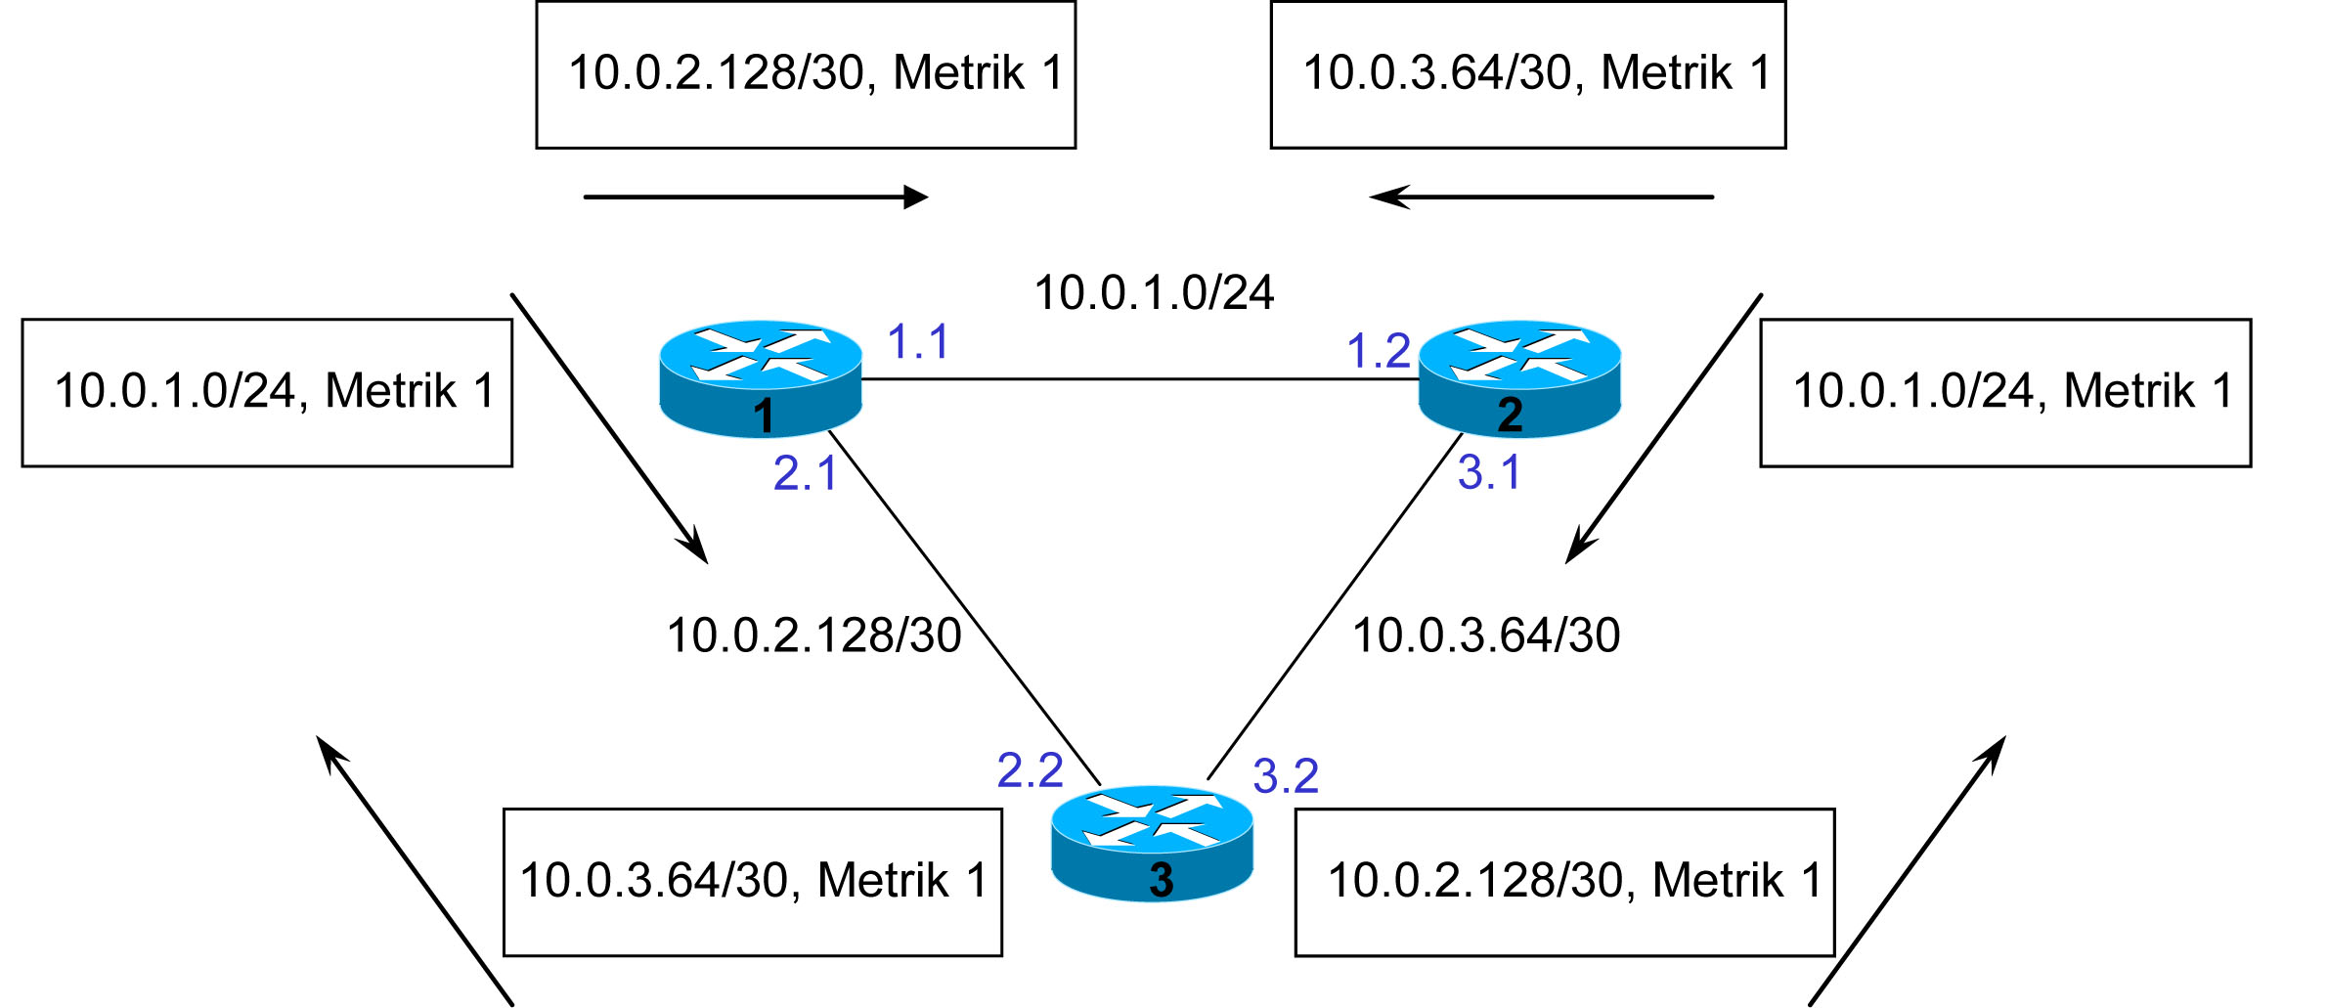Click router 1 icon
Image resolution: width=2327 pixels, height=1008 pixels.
(x=761, y=378)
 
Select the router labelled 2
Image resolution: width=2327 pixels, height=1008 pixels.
(x=1519, y=378)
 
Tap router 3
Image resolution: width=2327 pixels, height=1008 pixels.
(x=1152, y=843)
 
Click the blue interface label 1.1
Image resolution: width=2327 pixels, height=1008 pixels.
(x=917, y=342)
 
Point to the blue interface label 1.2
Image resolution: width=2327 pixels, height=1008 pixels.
(x=1379, y=351)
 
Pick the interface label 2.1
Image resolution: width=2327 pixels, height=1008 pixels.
(x=805, y=473)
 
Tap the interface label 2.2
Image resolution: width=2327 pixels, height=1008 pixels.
(x=1030, y=770)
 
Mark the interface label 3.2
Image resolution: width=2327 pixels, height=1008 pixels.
(x=1286, y=776)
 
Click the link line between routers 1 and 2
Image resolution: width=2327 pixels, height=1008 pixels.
(x=1140, y=379)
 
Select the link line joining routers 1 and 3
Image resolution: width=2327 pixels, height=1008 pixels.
(x=965, y=607)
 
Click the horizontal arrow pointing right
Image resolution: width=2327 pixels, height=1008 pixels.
(x=756, y=197)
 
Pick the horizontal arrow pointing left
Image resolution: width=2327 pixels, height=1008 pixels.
(x=1541, y=197)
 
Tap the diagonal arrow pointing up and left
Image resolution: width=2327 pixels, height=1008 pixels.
(x=415, y=871)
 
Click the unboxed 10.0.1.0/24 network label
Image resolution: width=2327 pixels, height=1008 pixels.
(x=1154, y=293)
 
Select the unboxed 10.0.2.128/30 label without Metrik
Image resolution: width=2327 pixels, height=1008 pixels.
(x=813, y=635)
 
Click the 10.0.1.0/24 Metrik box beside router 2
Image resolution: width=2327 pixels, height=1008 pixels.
(x=2005, y=393)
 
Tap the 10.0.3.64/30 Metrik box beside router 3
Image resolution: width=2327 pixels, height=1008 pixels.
(x=753, y=882)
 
